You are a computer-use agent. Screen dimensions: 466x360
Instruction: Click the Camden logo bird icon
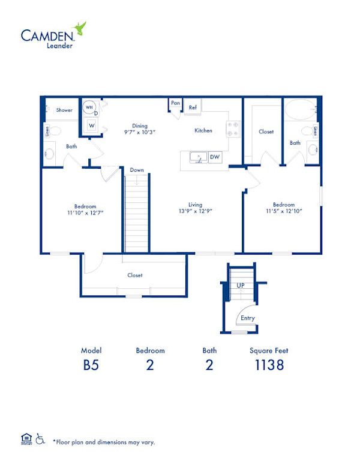click(79, 28)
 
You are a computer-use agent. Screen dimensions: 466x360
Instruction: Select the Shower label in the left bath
click(64, 110)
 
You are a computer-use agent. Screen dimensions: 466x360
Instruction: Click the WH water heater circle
click(89, 107)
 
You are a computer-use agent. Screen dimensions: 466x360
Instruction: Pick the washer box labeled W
click(92, 125)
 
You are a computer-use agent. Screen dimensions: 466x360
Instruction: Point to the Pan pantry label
click(175, 103)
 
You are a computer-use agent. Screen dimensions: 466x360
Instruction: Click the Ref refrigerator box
click(193, 107)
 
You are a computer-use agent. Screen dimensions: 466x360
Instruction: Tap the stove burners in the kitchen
click(232, 129)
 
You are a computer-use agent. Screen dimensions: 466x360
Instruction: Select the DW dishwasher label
click(214, 157)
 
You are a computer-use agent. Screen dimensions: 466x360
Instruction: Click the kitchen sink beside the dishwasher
click(196, 157)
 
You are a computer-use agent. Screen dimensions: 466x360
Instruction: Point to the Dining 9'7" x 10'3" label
click(140, 129)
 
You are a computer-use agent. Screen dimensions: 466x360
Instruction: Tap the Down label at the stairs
click(137, 170)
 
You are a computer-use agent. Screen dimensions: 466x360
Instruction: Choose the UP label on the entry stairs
click(241, 285)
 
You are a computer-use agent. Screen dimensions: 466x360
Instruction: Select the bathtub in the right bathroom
click(299, 110)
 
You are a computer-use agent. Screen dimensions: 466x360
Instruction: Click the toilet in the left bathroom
click(54, 130)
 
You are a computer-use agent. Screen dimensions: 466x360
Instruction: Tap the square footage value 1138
click(268, 365)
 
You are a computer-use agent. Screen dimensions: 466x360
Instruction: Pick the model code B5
click(91, 365)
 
